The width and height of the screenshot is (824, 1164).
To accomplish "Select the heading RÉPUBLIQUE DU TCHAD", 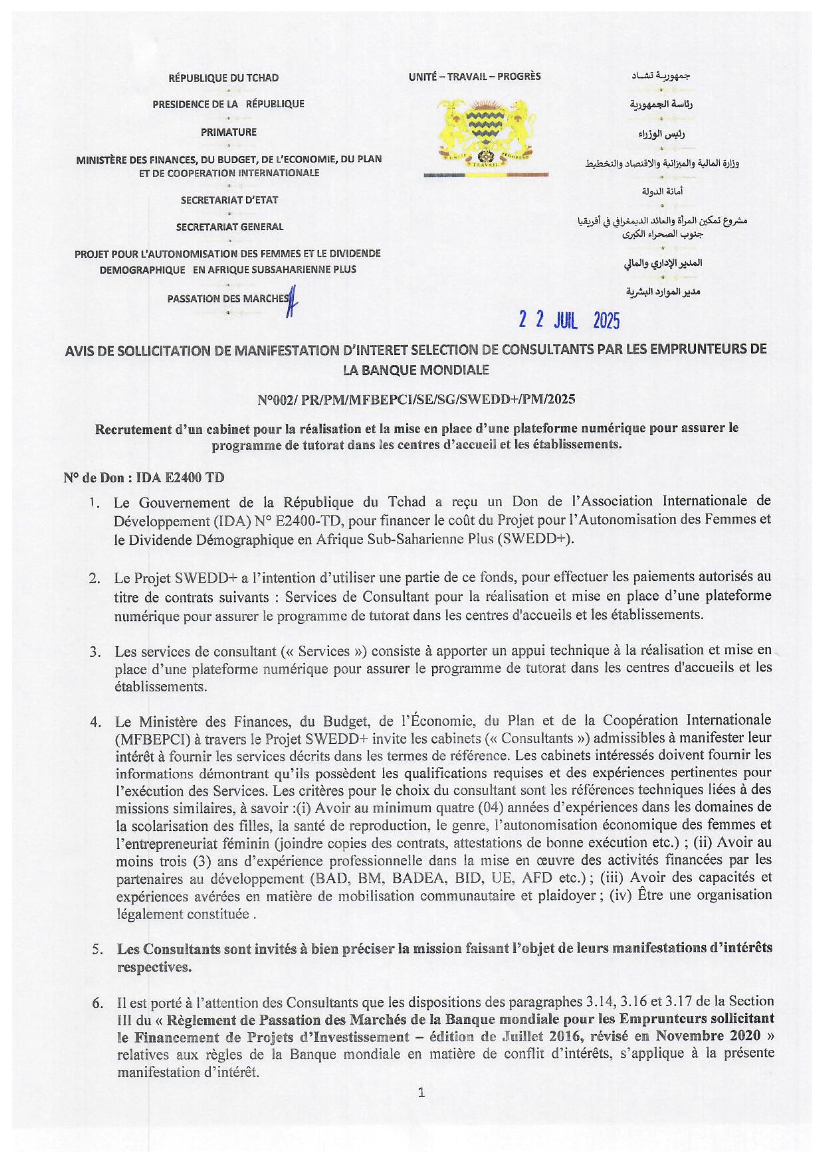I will point(224,78).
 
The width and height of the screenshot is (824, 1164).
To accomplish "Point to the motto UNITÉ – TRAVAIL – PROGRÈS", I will point(474,77).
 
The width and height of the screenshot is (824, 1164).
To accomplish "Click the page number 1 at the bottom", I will point(421,1093).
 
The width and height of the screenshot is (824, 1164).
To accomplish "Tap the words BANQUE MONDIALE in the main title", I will point(416,370).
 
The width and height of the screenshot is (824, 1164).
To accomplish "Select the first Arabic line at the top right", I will point(661,76).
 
